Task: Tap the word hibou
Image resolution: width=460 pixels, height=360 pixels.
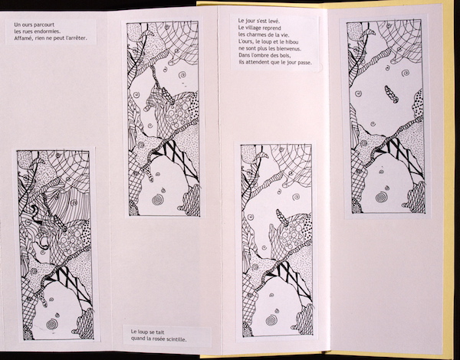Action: point(294,41)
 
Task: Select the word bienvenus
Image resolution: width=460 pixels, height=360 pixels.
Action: point(288,48)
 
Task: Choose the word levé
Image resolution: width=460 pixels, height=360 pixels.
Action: point(274,21)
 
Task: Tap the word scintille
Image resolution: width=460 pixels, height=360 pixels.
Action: point(176,339)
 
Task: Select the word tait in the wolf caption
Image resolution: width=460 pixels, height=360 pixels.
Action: point(160,332)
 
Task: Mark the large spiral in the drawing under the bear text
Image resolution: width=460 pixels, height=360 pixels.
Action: point(52,324)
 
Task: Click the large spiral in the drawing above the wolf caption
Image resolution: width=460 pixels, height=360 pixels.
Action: point(158,200)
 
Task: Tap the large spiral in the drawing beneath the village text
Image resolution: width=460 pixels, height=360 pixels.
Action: point(271,320)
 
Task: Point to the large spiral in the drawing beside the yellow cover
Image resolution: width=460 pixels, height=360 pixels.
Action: point(381,197)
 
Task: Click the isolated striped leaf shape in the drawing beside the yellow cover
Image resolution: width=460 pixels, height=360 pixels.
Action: point(391,94)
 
